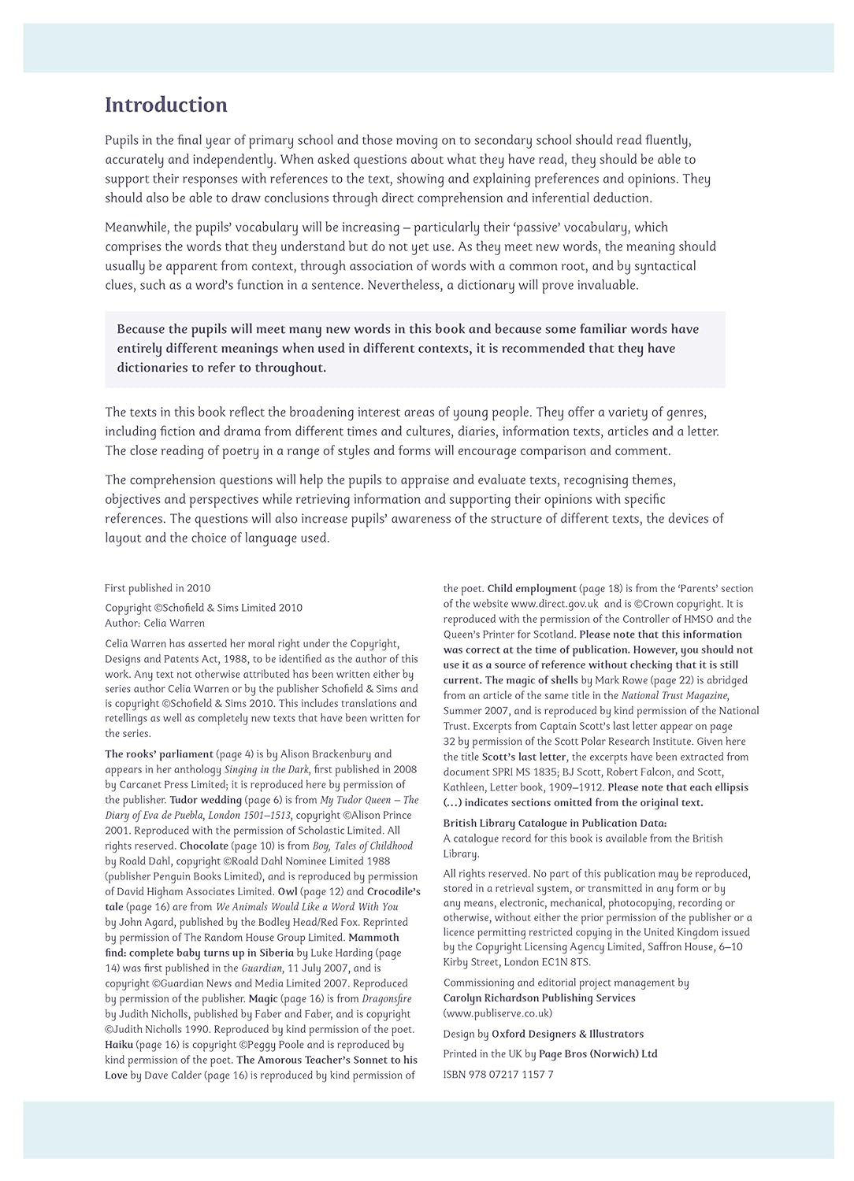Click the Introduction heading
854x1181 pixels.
[x=165, y=106]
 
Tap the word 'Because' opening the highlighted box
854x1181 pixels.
[x=141, y=329]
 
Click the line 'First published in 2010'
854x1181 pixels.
[x=158, y=588]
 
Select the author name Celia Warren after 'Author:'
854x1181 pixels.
[x=174, y=623]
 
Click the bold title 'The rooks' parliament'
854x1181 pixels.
[x=159, y=754]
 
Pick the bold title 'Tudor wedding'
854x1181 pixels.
[x=206, y=800]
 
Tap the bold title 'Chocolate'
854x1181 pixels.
[x=204, y=846]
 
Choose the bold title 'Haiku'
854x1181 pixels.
[x=119, y=1045]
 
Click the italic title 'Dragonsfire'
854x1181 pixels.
[x=386, y=998]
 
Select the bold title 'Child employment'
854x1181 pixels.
[x=532, y=588]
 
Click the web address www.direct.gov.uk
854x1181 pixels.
[x=555, y=604]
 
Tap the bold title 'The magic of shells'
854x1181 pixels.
[x=532, y=680]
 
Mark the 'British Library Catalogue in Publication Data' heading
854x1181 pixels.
[x=555, y=824]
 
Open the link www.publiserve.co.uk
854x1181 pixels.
[x=498, y=1013]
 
